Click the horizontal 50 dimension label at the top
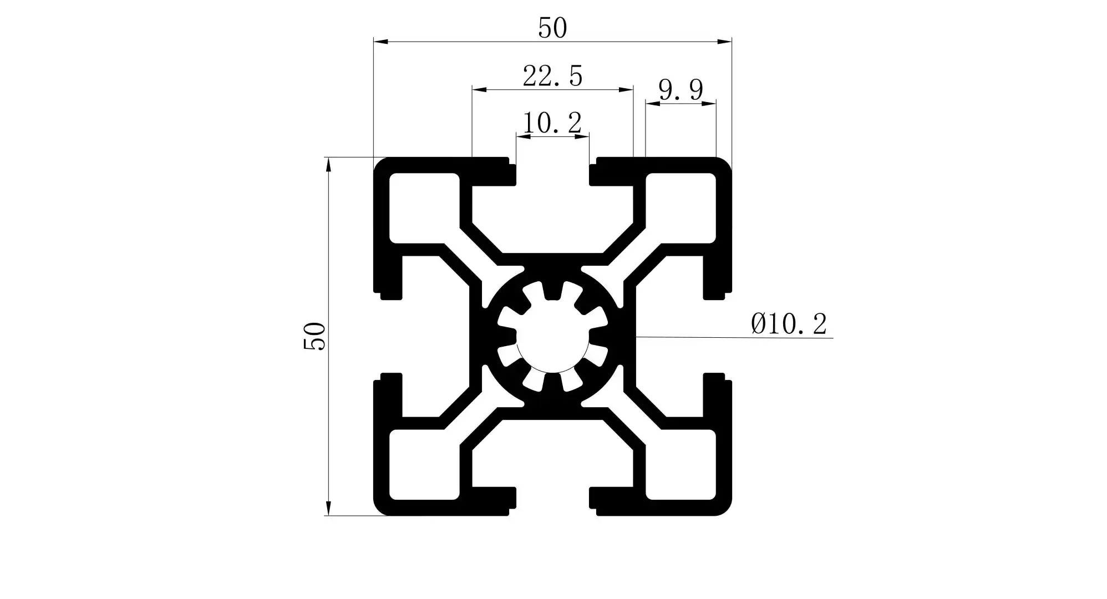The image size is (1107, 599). [552, 28]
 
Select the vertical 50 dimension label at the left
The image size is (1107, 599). [314, 336]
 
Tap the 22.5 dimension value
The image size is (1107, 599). [552, 76]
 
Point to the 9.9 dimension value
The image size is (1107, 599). [681, 89]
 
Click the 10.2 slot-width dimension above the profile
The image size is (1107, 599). [552, 123]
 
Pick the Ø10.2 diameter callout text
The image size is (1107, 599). [789, 323]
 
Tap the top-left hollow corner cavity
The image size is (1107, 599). [424, 208]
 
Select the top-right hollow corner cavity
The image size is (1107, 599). [681, 208]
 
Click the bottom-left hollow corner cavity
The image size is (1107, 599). [424, 465]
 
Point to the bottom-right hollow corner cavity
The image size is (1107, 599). [681, 465]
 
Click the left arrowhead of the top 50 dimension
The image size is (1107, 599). [380, 42]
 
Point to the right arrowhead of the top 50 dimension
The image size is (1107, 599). [725, 42]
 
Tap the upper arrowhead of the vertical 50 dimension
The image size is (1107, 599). [328, 165]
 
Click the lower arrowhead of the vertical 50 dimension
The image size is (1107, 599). [328, 509]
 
